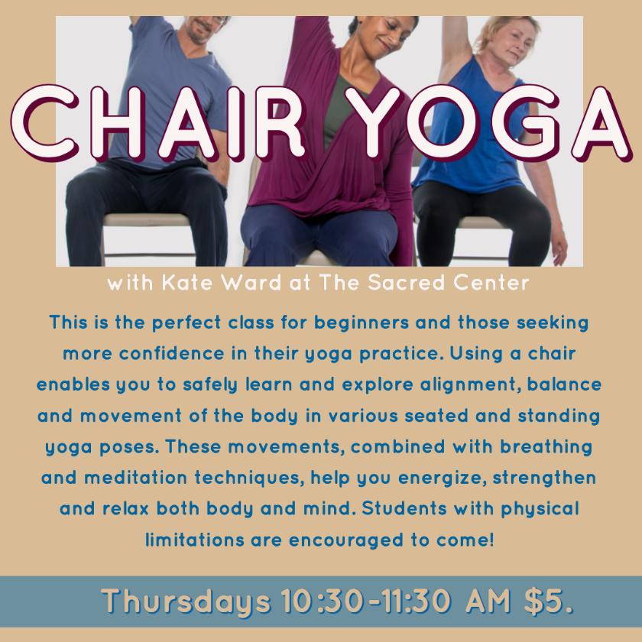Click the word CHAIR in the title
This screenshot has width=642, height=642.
coord(158,122)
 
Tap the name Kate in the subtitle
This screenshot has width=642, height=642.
coord(187,283)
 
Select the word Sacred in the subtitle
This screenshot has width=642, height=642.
coord(406,283)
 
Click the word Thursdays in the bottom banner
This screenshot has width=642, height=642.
coord(186,601)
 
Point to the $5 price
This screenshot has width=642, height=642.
coord(548,601)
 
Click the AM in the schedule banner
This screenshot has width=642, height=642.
coord(488,601)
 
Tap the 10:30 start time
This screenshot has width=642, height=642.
coord(323,601)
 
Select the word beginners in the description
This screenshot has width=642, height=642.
coord(361,323)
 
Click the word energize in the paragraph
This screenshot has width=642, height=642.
coord(443,478)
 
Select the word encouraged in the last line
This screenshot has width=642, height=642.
coord(346,540)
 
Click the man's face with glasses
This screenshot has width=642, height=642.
coord(204,29)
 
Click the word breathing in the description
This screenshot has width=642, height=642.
coord(546,447)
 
